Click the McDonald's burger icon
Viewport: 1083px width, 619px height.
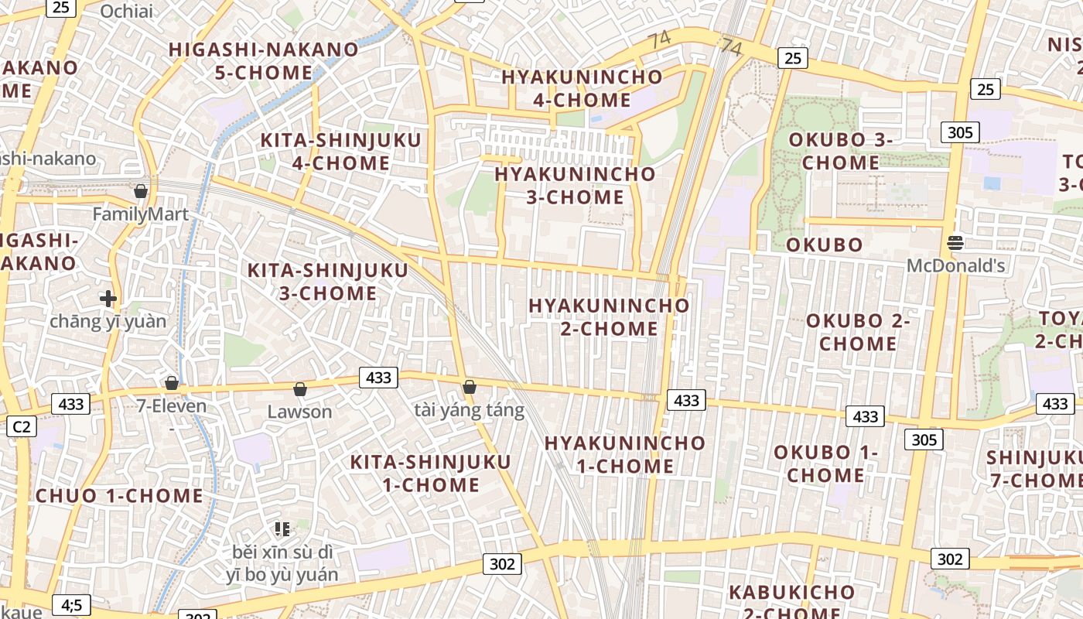[x=955, y=242]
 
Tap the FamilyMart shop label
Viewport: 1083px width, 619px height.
[x=140, y=214]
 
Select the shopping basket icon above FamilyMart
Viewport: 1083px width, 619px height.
[x=141, y=190]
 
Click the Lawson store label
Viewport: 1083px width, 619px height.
[x=299, y=412]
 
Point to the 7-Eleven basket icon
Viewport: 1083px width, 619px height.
[x=172, y=383]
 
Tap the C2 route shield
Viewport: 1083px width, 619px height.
[x=21, y=426]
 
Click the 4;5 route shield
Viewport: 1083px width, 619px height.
[x=71, y=604]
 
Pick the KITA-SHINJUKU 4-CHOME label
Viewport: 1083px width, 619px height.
[x=340, y=152]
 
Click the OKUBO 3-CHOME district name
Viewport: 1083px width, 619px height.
[x=841, y=151]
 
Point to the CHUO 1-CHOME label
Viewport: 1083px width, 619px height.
[x=119, y=496]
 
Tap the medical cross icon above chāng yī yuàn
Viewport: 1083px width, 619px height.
[x=108, y=298]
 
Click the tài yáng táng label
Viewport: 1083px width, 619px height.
[x=469, y=410]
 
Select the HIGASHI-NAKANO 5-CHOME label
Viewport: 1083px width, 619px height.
[x=264, y=61]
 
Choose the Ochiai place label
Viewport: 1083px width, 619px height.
[x=126, y=11]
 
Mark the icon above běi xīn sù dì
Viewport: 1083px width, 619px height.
[x=282, y=529]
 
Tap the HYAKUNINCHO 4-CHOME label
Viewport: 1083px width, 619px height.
[x=582, y=88]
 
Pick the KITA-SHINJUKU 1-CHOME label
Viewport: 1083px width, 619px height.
[x=431, y=474]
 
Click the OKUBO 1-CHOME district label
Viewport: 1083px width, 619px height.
[x=825, y=463]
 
